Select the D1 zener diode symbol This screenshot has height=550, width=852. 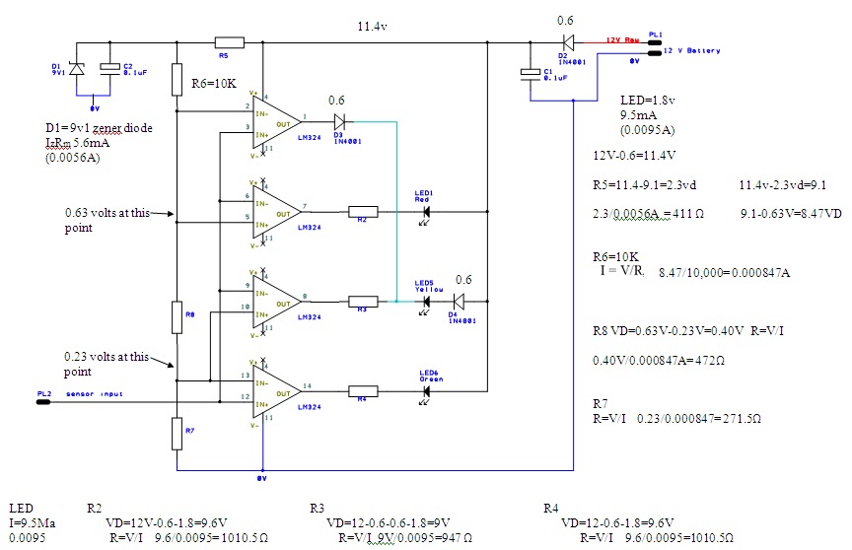(79, 69)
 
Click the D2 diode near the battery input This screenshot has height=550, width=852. (566, 42)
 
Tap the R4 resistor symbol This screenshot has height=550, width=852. (362, 391)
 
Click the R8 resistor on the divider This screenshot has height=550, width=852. (177, 317)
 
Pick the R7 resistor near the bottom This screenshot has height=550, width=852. (177, 432)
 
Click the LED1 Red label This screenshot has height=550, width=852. (424, 195)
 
